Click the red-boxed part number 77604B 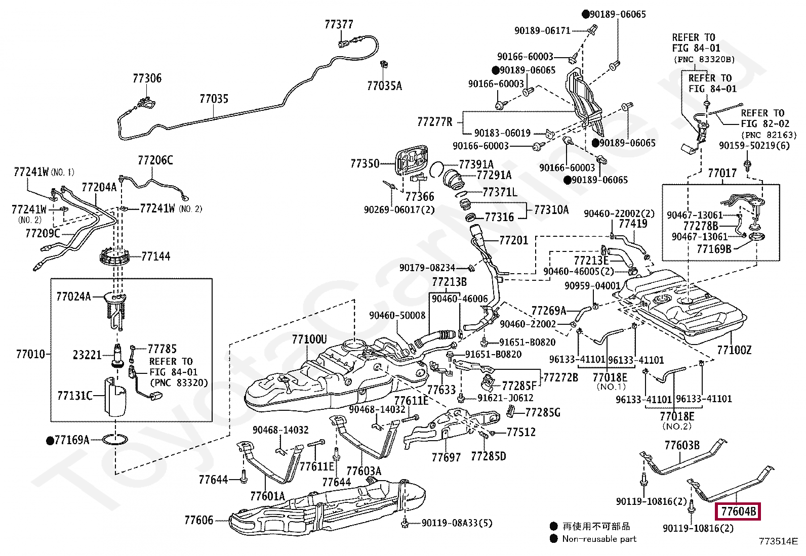pos(738,511)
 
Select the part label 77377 pos(339,24)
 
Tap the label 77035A pos(384,86)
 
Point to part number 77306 pos(147,78)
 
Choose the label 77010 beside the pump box pos(30,354)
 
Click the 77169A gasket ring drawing pos(115,440)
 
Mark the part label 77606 pos(198,520)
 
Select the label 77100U pos(309,339)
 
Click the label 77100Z pos(734,350)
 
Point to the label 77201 pos(513,240)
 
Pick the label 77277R pos(435,122)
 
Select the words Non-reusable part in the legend pos(599,539)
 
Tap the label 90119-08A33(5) pos(457,523)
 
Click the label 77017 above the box pos(722,173)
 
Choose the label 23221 pos(87,355)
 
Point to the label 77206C pos(155,160)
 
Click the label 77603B pos(682,445)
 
